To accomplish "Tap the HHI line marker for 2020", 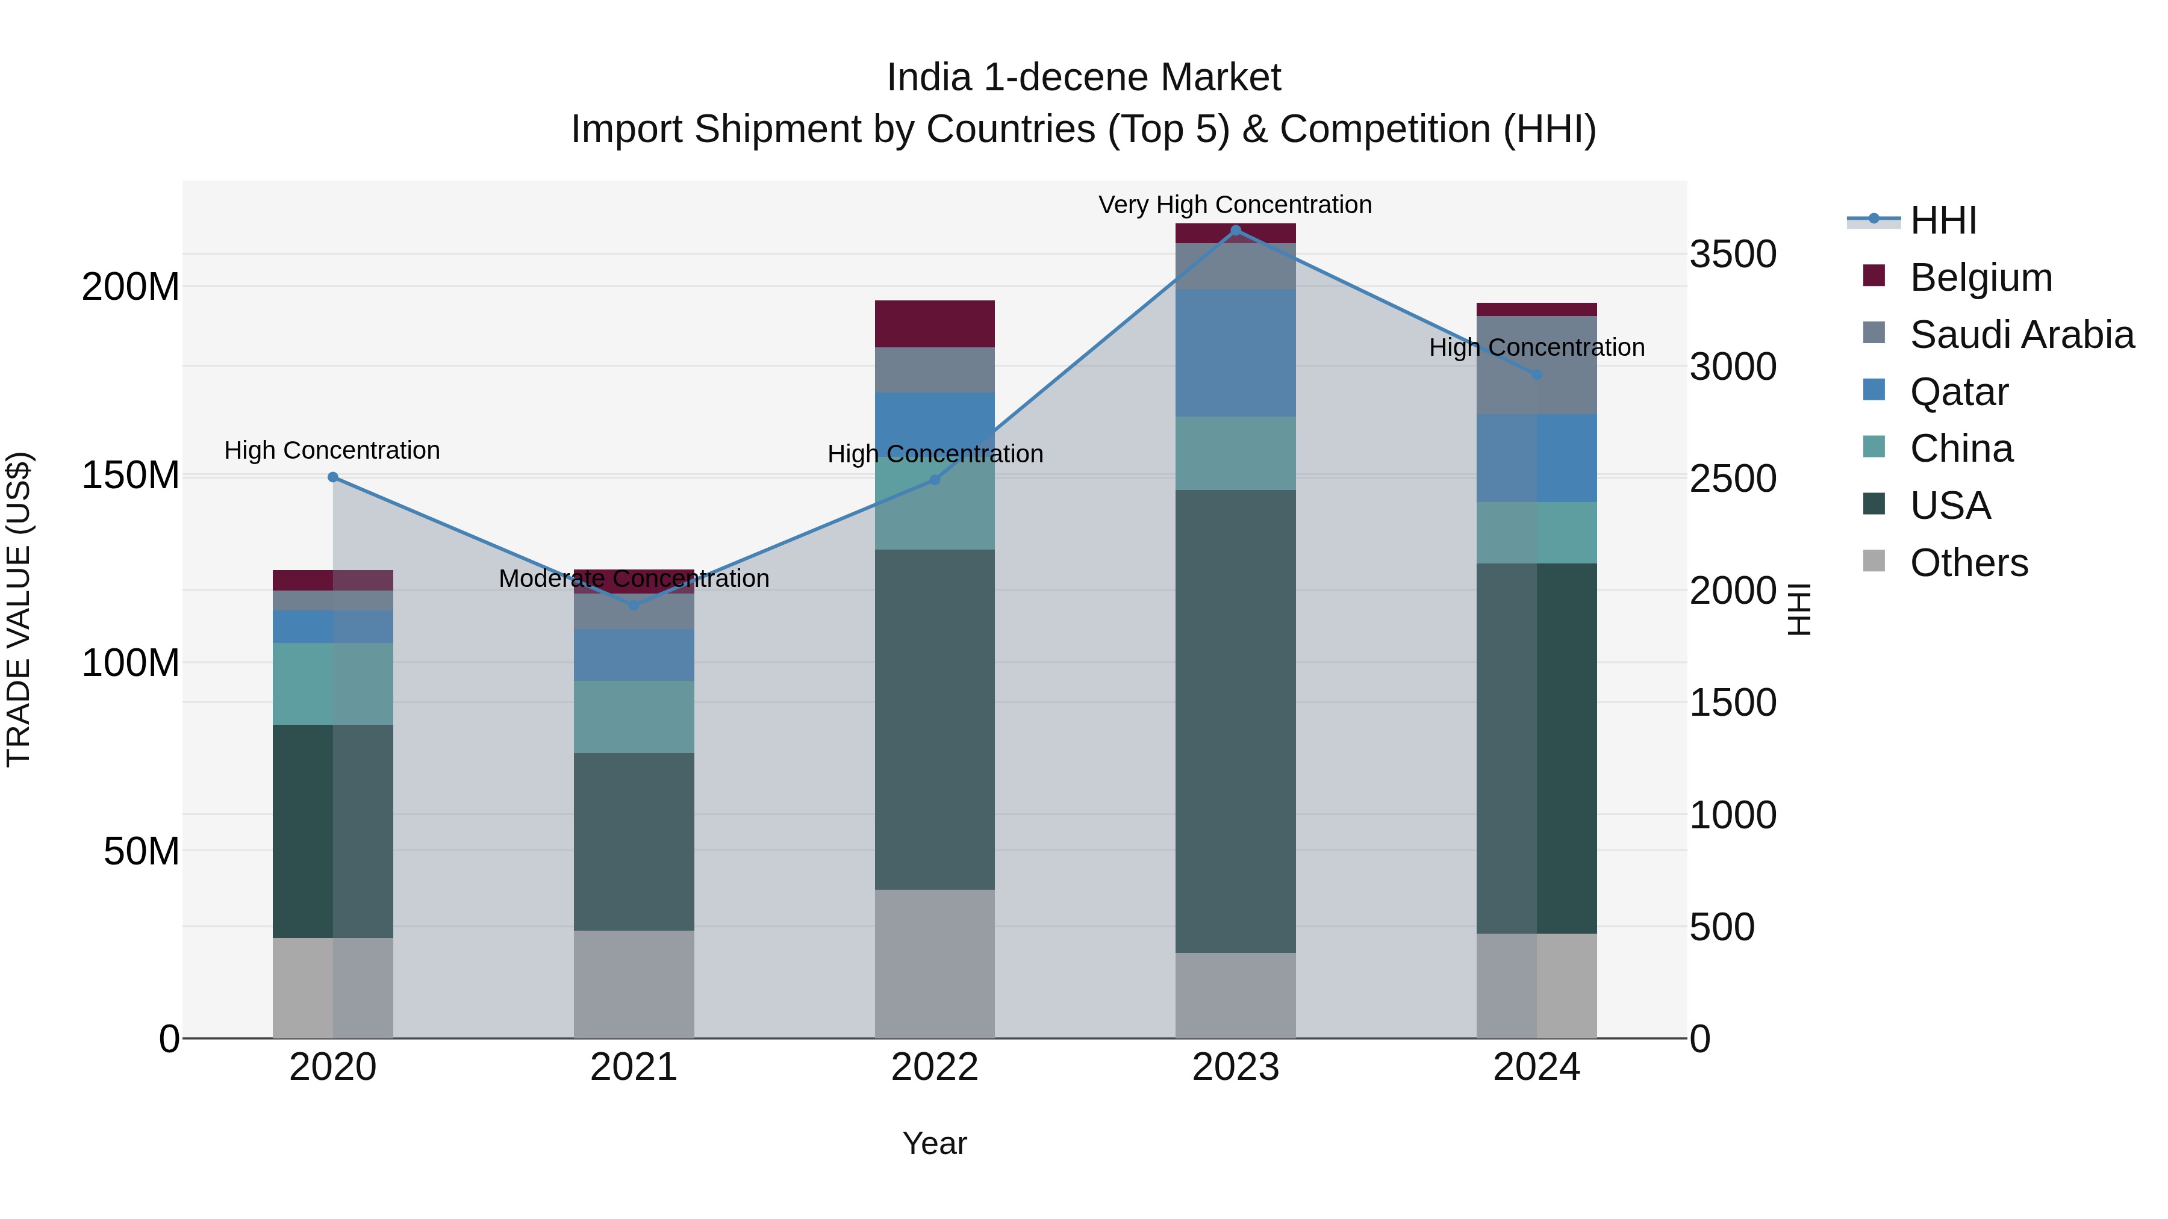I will (332, 477).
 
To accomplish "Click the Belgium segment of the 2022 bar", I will (934, 324).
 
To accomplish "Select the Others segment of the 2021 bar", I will (634, 984).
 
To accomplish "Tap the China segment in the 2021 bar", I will (634, 717).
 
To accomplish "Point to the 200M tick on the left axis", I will (131, 287).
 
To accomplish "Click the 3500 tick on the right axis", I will (1733, 254).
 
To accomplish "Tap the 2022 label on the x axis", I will (934, 1067).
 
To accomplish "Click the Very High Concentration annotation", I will (1235, 205).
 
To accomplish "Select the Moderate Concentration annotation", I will (634, 578).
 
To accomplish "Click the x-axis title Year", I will (934, 1143).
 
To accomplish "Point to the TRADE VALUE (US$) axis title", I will (19, 609).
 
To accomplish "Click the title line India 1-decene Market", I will (1083, 78).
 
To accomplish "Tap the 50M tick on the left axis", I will (142, 851).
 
